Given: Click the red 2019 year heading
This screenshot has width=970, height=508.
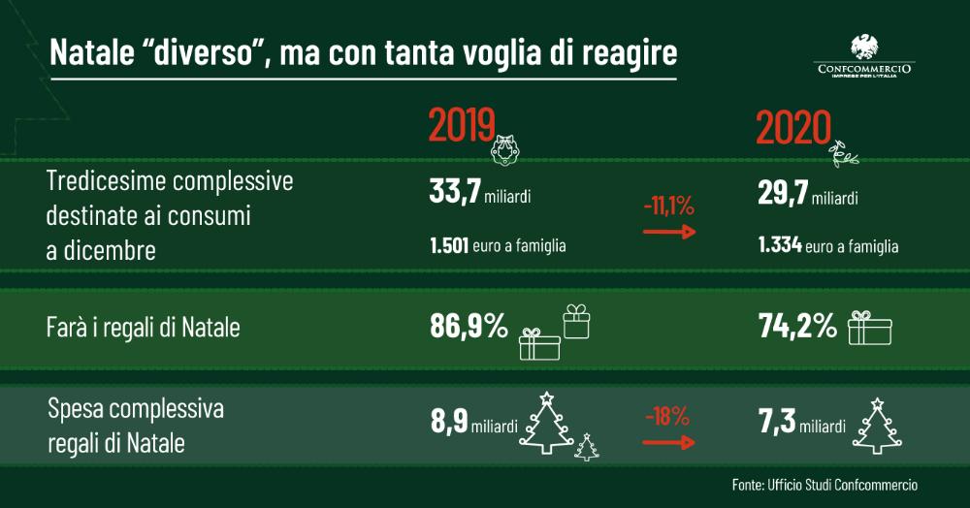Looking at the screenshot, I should [x=462, y=127].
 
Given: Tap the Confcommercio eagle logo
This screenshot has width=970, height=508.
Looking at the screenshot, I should [x=865, y=48].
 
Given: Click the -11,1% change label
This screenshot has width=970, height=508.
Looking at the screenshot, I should [x=668, y=206].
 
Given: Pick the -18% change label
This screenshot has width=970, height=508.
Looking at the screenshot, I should [x=667, y=418].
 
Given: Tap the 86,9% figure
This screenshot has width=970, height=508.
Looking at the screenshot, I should [x=469, y=327].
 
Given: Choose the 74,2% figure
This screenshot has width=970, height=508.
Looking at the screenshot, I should [x=797, y=327].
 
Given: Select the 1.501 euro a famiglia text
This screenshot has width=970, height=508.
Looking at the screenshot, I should [x=498, y=246].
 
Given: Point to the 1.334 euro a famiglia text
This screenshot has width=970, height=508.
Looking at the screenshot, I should [x=828, y=246].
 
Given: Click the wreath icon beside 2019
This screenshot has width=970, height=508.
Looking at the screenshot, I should [x=505, y=147].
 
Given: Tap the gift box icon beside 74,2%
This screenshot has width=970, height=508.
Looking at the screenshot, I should [x=869, y=328].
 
